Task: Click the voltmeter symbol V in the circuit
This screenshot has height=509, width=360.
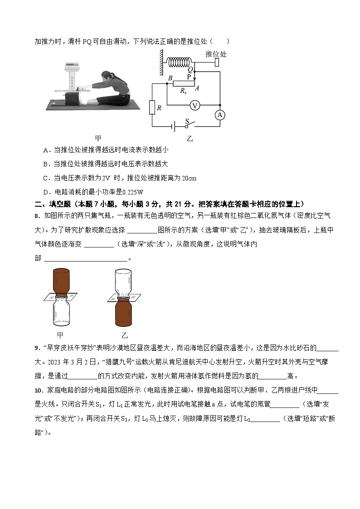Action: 195,106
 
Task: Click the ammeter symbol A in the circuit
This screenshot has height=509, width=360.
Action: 220,115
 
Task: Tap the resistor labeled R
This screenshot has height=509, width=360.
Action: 152,108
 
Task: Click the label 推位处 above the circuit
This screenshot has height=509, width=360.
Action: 216,54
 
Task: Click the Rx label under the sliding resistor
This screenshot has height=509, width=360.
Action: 183,91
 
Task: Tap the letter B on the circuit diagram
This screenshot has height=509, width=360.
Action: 170,78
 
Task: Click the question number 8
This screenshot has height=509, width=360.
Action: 37,217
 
